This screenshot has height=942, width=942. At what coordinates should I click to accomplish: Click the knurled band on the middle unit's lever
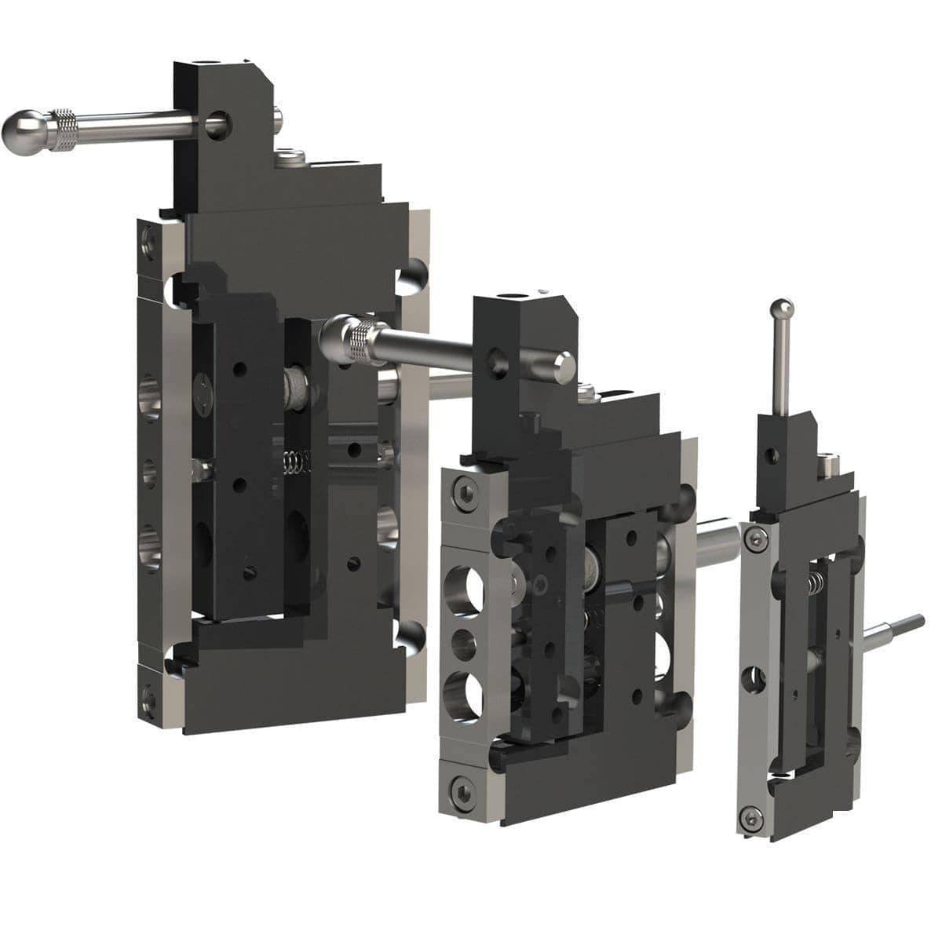point(366,344)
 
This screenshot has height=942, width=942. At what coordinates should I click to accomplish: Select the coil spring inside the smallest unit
point(816,581)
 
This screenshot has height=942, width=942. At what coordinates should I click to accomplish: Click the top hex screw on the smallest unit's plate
point(758,539)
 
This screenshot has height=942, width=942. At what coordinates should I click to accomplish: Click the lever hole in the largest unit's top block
point(217,122)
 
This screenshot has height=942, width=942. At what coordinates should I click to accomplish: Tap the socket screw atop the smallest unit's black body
point(827,466)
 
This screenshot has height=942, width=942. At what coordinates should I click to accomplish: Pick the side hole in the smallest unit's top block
point(775,455)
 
